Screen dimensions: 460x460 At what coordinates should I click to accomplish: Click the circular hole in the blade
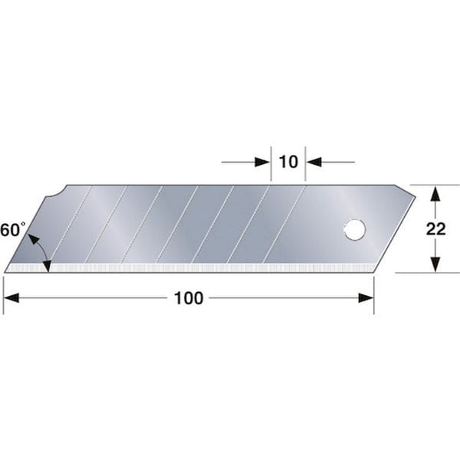355,230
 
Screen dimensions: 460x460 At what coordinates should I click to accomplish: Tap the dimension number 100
189,298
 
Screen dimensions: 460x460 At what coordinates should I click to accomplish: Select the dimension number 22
435,229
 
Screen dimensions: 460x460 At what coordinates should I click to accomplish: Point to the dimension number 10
288,162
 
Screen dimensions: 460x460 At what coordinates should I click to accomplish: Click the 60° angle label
12,229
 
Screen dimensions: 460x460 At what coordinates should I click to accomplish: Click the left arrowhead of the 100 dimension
11,298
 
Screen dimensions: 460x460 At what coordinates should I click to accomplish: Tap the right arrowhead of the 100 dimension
366,298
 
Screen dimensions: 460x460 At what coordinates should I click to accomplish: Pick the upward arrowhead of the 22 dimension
435,193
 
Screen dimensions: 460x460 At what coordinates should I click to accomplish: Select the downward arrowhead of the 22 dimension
435,264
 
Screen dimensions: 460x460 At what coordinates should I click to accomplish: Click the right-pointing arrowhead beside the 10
262,162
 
